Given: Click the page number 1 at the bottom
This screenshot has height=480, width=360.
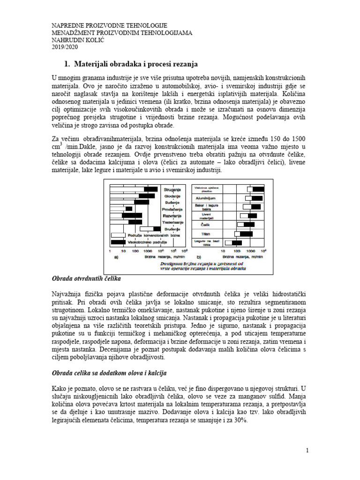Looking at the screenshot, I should click(x=307, y=450).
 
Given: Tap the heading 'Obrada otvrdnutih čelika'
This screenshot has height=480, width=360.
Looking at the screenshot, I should click(x=86, y=279).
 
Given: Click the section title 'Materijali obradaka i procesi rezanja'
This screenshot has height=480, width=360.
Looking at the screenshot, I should click(x=135, y=63).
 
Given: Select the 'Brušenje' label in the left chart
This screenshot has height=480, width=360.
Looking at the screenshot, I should click(x=172, y=228).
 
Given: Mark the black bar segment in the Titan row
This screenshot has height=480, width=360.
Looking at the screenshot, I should click(x=246, y=233).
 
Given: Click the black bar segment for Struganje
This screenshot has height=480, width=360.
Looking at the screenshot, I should click(x=151, y=189).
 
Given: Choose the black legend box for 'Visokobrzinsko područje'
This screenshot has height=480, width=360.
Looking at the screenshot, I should click(x=118, y=242).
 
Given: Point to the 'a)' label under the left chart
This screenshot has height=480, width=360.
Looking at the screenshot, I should click(x=115, y=257).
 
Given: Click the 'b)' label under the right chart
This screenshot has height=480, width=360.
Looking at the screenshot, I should click(x=199, y=257).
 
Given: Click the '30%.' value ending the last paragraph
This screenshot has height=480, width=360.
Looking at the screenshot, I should click(x=240, y=421).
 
